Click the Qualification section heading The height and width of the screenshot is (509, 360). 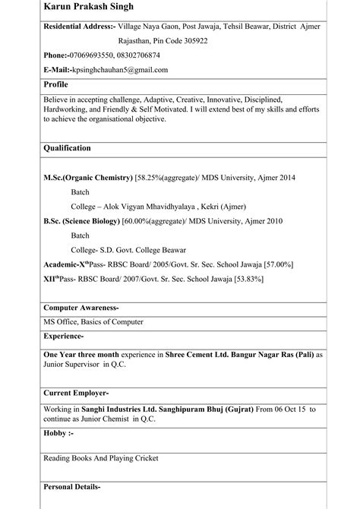point(68,148)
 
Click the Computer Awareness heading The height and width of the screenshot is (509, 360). point(81,308)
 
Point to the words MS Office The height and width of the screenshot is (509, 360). point(62,322)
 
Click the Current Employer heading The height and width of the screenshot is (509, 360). point(76,393)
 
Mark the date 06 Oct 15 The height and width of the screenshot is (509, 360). point(292,410)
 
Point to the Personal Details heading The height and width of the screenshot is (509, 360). point(72,485)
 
